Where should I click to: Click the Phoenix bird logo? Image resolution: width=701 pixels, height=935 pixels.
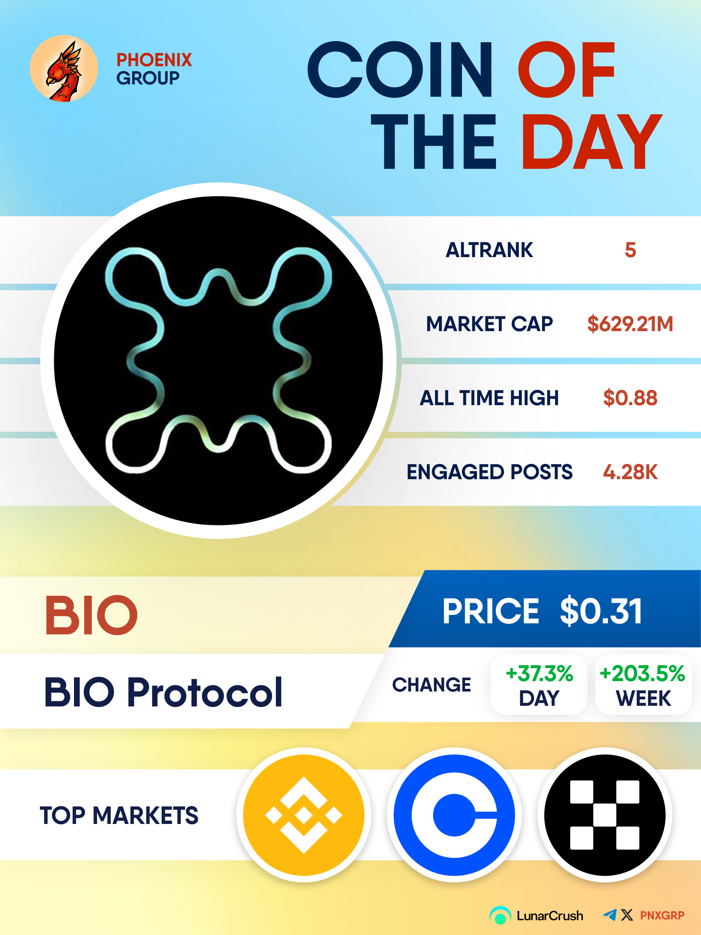(64, 69)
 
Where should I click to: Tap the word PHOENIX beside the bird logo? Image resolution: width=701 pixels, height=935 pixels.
(154, 60)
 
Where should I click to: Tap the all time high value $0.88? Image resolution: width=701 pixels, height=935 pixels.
(630, 398)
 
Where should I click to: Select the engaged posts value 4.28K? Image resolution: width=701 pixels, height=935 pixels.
(630, 472)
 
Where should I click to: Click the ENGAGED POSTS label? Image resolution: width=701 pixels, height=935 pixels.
(489, 472)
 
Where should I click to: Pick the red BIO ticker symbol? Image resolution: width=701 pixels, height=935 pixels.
(91, 615)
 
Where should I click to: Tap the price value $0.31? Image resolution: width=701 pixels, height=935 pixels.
(601, 611)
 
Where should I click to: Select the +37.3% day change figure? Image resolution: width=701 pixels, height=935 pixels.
(539, 673)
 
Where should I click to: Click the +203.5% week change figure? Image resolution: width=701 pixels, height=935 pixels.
(642, 673)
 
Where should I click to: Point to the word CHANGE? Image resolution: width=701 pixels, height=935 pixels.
(431, 685)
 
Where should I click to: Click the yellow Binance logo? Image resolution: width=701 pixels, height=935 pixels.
(304, 815)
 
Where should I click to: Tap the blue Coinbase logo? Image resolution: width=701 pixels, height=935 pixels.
(454, 815)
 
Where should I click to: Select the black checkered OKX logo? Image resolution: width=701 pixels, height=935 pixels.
(605, 815)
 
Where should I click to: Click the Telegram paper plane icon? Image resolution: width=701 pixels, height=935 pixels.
(610, 915)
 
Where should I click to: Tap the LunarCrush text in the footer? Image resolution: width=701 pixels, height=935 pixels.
(550, 916)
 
